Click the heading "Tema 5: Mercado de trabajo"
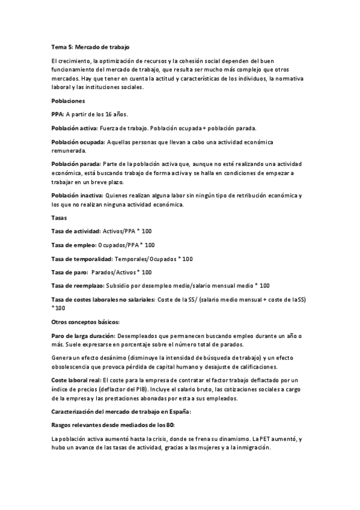[90, 46]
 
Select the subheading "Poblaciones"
[68, 101]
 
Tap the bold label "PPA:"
[58, 114]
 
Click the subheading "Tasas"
[59, 217]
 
